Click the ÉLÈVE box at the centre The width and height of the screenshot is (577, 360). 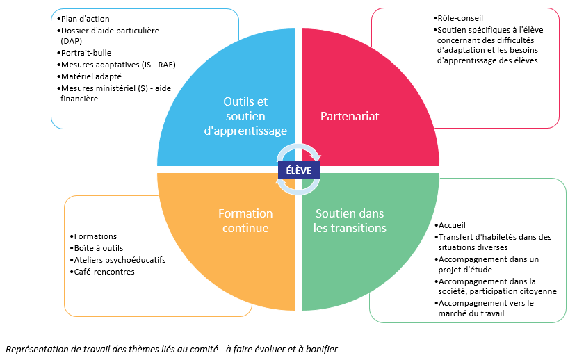[299, 169]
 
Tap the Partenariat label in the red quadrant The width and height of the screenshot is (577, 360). [350, 116]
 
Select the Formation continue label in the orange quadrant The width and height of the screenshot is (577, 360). [245, 220]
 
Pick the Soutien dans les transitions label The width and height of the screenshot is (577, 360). [350, 220]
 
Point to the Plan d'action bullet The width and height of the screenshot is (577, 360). [85, 18]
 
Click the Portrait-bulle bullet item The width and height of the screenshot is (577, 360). [86, 52]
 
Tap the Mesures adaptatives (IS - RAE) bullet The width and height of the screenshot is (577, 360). [117, 65]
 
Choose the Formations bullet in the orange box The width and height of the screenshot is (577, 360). [96, 236]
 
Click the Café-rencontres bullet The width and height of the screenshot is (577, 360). [105, 272]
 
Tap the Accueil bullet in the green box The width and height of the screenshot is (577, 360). [453, 225]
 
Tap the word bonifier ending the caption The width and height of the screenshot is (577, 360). [319, 349]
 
